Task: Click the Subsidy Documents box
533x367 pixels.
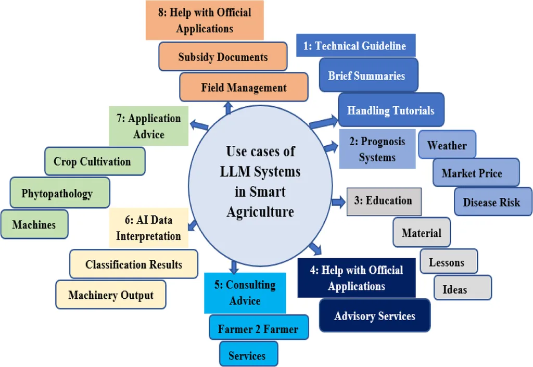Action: [x=223, y=57]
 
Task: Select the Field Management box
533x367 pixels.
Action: [x=243, y=87]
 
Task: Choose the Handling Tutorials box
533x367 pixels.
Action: [x=391, y=110]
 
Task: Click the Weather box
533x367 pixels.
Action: [x=447, y=145]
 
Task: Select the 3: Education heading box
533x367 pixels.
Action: [x=384, y=201]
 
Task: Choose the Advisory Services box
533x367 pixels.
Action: [x=375, y=315]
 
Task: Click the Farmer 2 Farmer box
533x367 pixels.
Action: [x=259, y=328]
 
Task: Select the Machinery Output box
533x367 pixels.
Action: [x=111, y=295]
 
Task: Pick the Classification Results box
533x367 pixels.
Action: [x=134, y=264]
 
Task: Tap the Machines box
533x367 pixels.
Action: [x=34, y=224]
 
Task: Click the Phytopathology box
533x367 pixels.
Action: [x=57, y=193]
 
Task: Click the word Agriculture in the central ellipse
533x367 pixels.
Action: [x=260, y=212]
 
